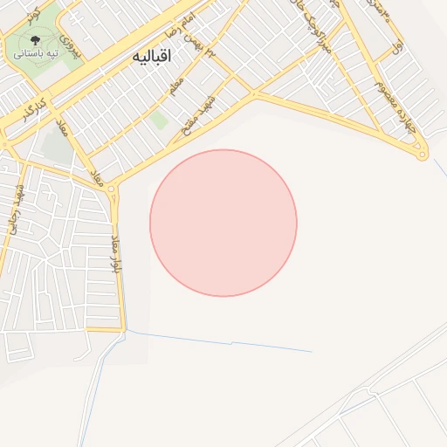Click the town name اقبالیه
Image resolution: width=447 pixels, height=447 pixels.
[153, 56]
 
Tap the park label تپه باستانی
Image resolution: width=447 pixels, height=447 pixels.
[36, 54]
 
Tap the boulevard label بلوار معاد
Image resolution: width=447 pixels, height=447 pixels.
[115, 253]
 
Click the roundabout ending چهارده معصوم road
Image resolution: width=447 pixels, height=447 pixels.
[423, 156]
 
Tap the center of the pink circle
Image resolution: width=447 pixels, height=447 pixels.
[223, 223]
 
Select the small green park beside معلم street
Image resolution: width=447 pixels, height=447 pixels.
[158, 120]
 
